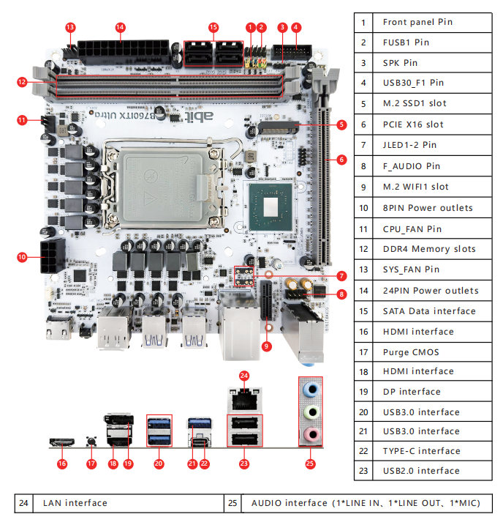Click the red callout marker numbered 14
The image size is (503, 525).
click(120, 28)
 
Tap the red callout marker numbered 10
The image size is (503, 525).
click(22, 257)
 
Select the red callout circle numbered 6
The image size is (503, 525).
click(341, 159)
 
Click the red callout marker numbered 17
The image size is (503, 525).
click(91, 463)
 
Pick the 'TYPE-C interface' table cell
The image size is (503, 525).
click(422, 451)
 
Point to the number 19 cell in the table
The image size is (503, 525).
click(363, 392)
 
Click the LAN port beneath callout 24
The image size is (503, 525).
click(244, 400)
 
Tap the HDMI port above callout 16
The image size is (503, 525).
click(61, 442)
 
